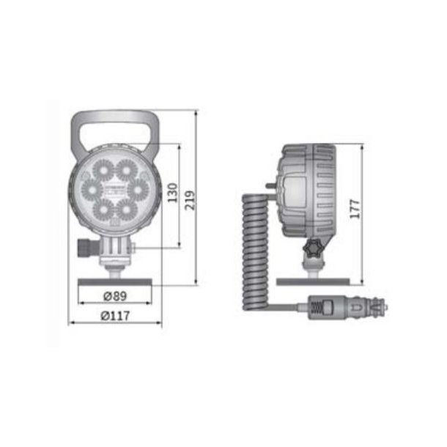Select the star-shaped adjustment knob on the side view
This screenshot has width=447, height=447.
[314, 250]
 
